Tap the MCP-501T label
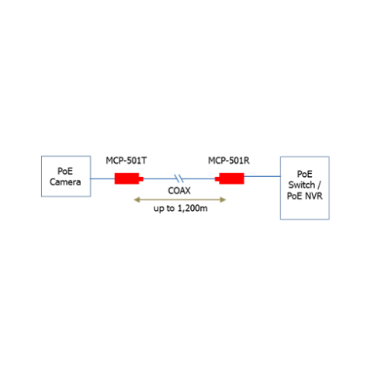(x=126, y=161)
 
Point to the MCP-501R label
(x=229, y=161)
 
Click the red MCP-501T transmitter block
(x=129, y=178)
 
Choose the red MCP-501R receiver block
(x=230, y=178)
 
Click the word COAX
(x=179, y=191)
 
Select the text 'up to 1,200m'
(x=181, y=208)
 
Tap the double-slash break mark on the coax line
(x=179, y=178)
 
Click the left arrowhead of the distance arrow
(x=137, y=199)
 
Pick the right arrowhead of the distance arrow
(x=223, y=199)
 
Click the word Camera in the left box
(x=65, y=182)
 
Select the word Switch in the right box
(x=302, y=185)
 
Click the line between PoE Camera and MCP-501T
(x=102, y=178)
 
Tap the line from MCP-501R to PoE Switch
(x=262, y=176)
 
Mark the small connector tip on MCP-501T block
(x=141, y=178)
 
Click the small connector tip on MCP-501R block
(x=217, y=178)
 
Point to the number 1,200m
(x=192, y=208)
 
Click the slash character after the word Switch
(x=319, y=185)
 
